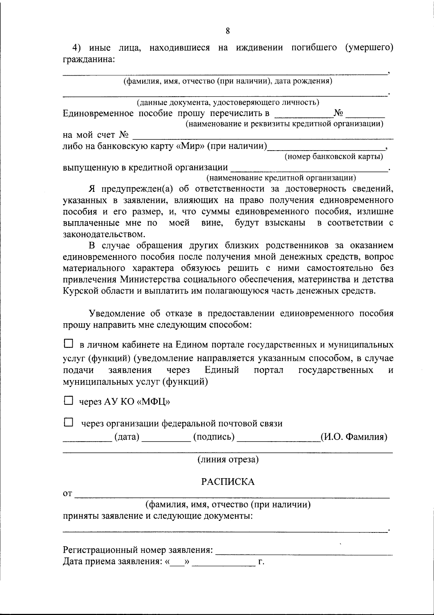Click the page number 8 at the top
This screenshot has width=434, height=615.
coord(227,31)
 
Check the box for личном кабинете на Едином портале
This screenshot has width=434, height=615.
coord(68,343)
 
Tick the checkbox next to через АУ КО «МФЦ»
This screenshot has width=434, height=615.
coord(68,400)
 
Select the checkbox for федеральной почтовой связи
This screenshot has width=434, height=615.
coord(68,422)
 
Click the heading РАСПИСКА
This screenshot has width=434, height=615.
coord(228,482)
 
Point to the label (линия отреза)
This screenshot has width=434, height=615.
coord(228,460)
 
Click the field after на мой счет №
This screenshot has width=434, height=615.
coord(263,137)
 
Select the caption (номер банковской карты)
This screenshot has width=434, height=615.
coord(334,157)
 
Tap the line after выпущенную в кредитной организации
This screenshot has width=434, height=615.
coord(309,168)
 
